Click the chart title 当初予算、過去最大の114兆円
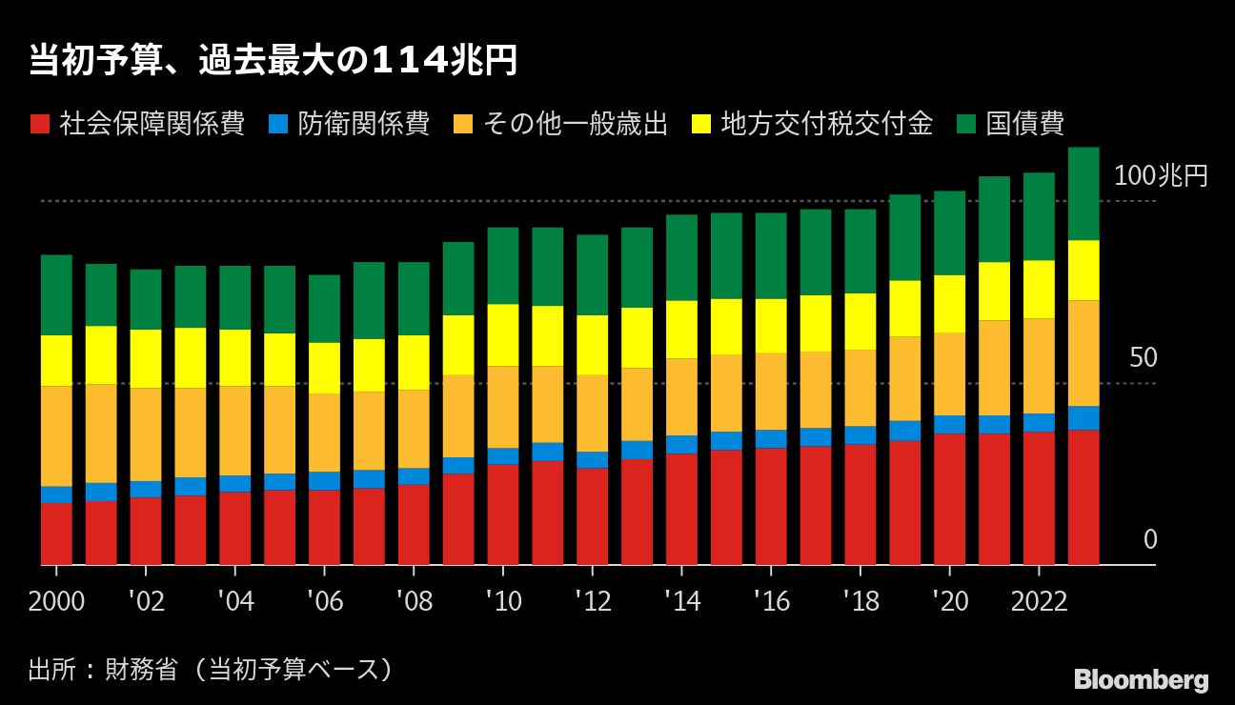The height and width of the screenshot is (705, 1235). [273, 61]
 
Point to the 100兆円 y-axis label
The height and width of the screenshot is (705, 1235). [1160, 176]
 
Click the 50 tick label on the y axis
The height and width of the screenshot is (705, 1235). [1143, 358]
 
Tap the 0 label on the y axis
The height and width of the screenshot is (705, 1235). [1150, 540]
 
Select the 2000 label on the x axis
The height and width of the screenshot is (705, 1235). [56, 601]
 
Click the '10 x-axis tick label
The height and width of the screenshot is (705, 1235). [502, 601]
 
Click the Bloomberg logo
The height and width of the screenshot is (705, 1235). [1141, 680]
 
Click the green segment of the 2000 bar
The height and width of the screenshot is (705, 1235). [56, 294]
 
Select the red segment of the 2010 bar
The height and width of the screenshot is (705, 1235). [502, 514]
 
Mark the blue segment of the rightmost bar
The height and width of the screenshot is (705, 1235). [1083, 418]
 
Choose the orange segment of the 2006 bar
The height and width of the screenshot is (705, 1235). [324, 433]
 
